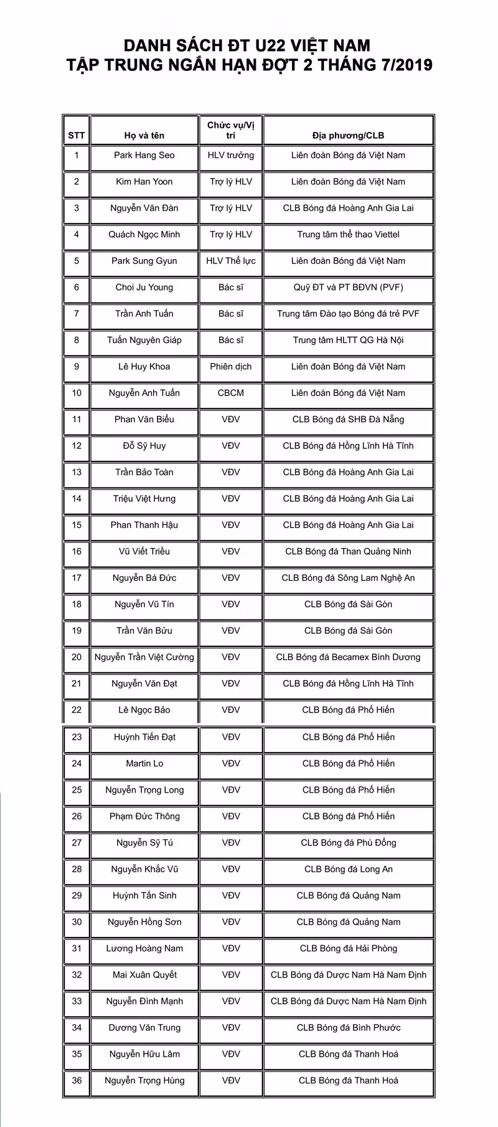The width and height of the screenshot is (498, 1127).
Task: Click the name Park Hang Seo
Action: tap(144, 155)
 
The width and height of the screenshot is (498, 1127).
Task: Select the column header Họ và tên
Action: tap(144, 135)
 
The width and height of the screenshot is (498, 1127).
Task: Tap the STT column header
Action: tap(77, 135)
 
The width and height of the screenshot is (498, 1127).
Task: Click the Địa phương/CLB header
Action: tap(348, 135)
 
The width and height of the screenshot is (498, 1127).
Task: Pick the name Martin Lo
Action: tap(144, 763)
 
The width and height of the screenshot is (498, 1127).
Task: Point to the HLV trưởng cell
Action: tap(231, 155)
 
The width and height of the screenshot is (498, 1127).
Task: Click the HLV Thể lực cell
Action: tap(231, 261)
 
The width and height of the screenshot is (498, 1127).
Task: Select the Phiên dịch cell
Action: tap(231, 366)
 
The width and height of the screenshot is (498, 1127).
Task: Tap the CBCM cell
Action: tap(231, 393)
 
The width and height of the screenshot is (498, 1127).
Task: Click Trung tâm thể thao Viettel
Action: tap(348, 234)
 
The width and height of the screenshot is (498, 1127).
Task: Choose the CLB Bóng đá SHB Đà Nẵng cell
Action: tap(348, 419)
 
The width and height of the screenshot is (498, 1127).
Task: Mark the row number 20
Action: tap(77, 657)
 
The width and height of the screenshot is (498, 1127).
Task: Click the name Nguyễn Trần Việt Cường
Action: tap(144, 657)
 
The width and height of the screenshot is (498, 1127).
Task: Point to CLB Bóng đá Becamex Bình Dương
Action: tap(348, 657)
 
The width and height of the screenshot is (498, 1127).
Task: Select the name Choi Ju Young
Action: tap(144, 287)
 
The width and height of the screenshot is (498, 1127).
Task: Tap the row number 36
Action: tap(77, 1080)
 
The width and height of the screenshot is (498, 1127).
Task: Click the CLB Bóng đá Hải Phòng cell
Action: tap(348, 948)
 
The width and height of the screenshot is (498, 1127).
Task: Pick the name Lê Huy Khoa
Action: tap(144, 366)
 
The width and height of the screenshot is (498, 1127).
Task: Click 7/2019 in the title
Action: tap(399, 65)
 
